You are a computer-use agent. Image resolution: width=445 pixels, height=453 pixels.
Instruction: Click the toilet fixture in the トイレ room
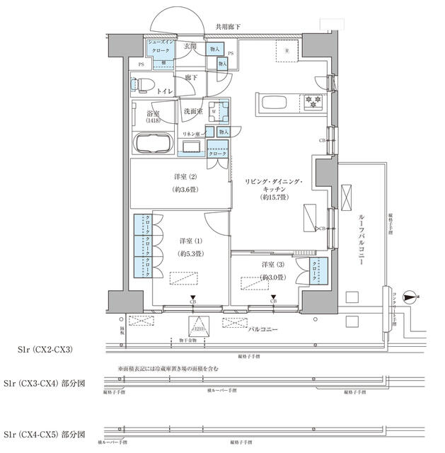[x=141, y=84]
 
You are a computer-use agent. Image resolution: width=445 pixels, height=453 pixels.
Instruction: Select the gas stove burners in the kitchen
[x=311, y=101]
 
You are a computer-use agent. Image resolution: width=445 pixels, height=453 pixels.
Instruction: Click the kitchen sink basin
[x=275, y=103]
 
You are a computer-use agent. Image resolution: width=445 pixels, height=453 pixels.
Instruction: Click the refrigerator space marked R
[x=287, y=52]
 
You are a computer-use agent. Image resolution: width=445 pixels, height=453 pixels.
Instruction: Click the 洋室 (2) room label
[x=182, y=176]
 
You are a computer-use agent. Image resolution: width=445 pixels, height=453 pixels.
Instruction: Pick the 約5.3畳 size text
[x=190, y=253]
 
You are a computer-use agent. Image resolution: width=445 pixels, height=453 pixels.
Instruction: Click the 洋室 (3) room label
[x=272, y=265]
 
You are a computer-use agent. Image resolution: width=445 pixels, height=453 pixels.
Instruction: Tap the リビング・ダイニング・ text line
[x=272, y=183]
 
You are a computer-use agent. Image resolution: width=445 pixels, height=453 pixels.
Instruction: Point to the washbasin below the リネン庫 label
[x=192, y=147]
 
